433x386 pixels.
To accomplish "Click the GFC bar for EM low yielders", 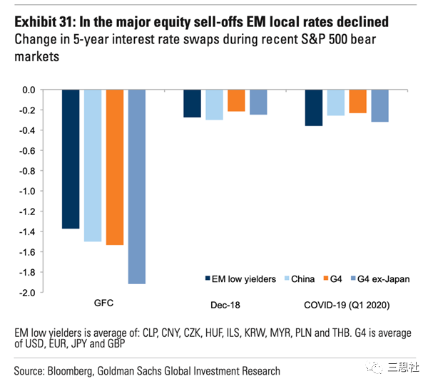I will pos(71,159).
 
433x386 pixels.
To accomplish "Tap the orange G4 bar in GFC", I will pos(115,167).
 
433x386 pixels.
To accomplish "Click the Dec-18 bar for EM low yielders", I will pos(192,103).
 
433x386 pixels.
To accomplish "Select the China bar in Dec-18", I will pos(214,105).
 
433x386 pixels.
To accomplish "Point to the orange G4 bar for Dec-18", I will pos(236,100).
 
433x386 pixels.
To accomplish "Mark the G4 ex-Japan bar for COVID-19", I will pos(380,105).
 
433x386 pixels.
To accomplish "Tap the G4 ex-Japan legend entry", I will pos(378,279).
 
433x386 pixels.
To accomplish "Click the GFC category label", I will pos(103,303).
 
